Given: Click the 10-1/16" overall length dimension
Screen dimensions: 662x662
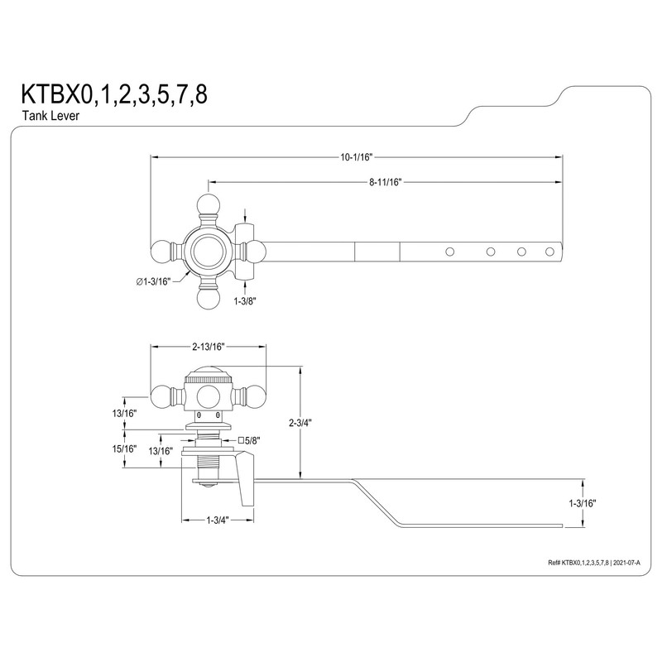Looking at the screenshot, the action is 357,157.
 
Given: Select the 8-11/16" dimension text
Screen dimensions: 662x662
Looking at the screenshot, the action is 385,182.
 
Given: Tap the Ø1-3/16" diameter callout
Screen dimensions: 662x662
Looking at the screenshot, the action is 153,282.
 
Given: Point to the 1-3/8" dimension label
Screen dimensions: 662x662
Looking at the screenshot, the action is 245,301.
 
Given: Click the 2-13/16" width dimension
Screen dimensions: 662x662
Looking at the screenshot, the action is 209,347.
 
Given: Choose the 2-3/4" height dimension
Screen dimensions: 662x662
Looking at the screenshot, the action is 300,423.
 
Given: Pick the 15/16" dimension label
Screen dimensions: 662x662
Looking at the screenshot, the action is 125,449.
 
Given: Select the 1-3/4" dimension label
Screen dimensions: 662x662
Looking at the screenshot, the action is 218,520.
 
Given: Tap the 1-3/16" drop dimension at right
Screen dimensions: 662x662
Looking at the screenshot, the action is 583,503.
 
